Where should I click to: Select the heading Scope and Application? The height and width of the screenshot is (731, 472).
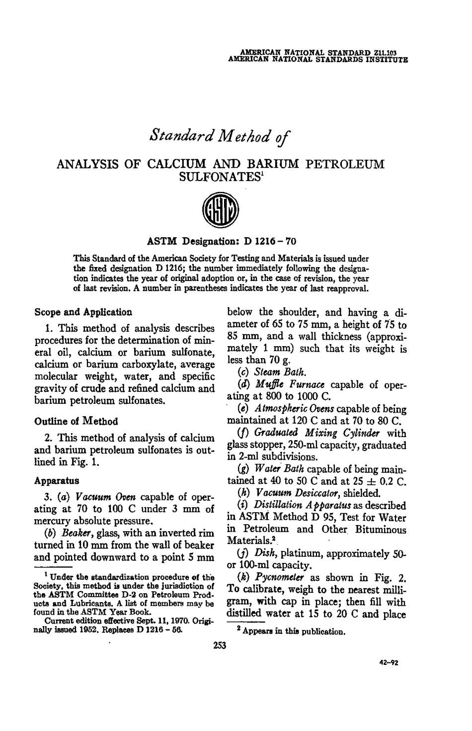pos(83,313)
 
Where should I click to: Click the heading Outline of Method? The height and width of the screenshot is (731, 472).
pos(76,421)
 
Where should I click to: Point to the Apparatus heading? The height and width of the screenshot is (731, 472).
pos(57,481)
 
